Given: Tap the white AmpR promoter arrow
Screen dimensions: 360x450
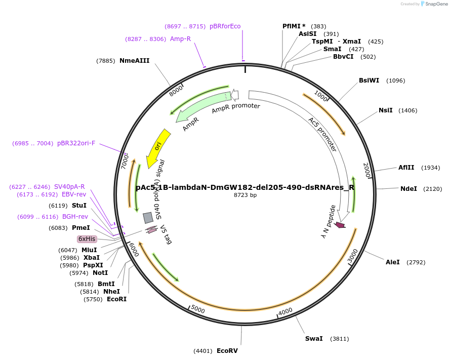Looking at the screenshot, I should click(x=235, y=95).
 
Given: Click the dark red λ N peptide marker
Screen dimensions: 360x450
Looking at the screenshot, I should click(x=340, y=225).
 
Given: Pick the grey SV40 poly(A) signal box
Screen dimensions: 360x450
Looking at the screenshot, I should click(x=148, y=218).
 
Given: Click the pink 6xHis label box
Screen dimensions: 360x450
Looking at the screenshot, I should click(x=87, y=239).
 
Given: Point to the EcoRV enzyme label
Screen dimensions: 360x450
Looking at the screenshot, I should click(x=227, y=350).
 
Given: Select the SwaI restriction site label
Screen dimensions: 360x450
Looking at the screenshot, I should click(x=313, y=339).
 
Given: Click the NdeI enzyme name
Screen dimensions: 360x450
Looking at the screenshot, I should click(x=408, y=189).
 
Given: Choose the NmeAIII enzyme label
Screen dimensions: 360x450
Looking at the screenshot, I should click(x=134, y=61).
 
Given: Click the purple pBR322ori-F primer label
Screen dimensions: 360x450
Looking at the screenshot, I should click(x=76, y=143).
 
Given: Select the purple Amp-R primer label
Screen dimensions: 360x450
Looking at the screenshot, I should click(x=180, y=39).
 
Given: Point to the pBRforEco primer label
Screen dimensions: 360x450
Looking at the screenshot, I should click(x=225, y=26).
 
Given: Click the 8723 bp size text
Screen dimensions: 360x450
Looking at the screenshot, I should click(x=245, y=195).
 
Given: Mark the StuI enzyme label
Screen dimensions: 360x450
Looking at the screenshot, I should click(x=79, y=206).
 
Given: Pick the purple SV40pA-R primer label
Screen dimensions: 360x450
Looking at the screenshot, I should click(x=69, y=187).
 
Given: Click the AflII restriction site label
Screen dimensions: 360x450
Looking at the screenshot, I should click(x=406, y=168).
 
